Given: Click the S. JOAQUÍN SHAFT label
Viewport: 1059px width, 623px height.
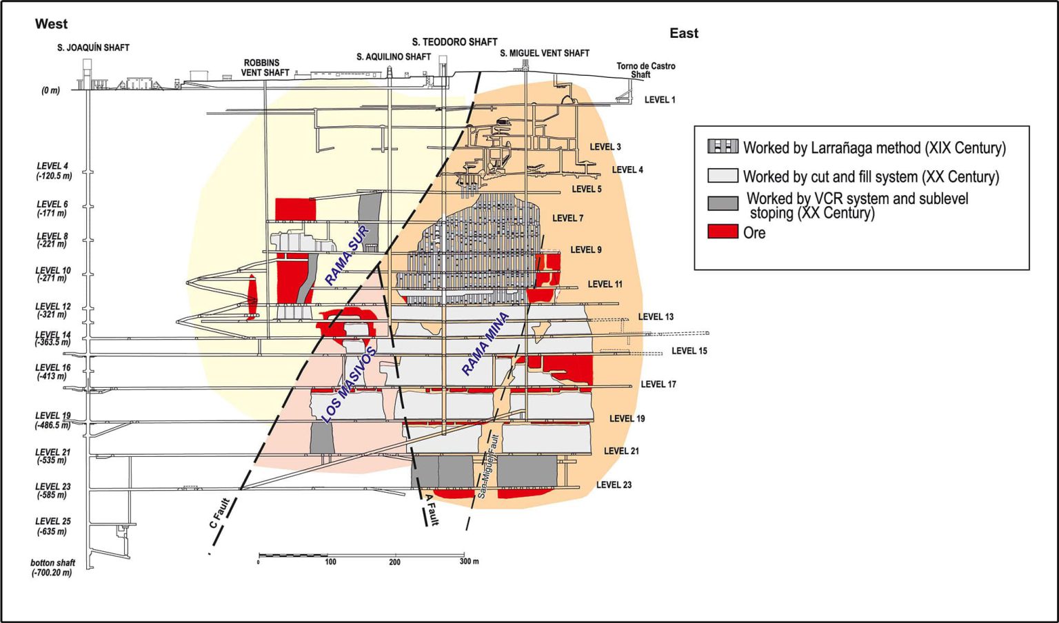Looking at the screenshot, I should tap(93, 48).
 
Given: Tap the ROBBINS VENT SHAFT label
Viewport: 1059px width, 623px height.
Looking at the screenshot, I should tap(265, 68).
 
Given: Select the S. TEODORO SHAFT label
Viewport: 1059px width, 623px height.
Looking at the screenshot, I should tap(454, 42).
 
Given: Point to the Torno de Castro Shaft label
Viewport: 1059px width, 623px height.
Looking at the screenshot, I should tap(645, 70).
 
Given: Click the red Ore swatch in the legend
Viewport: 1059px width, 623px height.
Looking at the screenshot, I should tap(723, 232).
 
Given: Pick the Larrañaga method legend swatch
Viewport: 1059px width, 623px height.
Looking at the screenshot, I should tap(723, 147).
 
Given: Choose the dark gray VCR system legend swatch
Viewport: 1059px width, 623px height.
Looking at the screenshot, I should tap(723, 203).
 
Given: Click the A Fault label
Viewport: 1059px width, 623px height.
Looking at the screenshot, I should tap(432, 509).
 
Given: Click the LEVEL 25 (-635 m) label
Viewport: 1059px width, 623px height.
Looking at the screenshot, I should tap(52, 527).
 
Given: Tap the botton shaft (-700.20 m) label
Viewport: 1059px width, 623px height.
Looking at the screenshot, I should tap(52, 568).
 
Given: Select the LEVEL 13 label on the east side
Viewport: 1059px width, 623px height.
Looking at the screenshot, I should tap(655, 317).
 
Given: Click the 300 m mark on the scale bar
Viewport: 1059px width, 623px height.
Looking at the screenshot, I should tap(469, 562).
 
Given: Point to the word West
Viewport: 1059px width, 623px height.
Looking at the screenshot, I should tap(51, 24).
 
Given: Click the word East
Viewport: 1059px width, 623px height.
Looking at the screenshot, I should tap(683, 33).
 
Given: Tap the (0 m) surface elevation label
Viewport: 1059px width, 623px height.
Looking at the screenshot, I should tap(50, 90).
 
